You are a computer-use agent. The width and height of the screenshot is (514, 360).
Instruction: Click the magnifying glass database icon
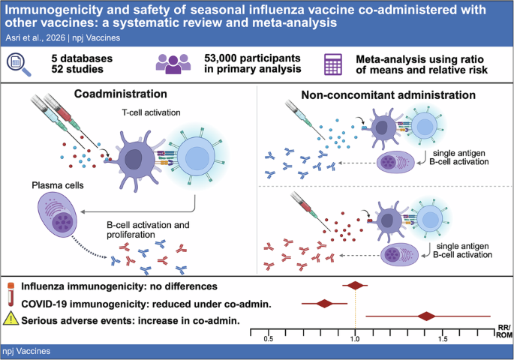18,64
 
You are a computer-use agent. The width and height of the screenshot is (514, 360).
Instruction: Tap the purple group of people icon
173,64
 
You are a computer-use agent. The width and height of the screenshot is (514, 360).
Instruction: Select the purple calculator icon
333,64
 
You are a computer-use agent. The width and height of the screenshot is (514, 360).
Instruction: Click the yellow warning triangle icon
11,319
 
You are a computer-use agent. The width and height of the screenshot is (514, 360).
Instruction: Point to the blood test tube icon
11,294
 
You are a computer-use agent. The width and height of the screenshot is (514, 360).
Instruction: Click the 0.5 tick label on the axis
268,339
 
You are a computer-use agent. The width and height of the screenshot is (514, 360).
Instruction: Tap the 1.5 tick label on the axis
442,339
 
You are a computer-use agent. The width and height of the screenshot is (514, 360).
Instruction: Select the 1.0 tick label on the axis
355,339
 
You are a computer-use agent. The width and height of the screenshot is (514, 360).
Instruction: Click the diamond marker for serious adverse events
426,316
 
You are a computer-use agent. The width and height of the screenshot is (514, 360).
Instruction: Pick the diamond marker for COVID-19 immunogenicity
324,304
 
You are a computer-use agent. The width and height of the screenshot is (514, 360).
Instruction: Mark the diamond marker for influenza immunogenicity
356,285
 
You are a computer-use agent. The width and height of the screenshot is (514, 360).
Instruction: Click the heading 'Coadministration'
121,94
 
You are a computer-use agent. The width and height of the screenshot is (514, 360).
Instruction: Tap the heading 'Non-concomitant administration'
389,95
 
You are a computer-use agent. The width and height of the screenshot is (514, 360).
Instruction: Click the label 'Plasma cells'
58,185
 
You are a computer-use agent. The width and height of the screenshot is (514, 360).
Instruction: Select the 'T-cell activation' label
151,112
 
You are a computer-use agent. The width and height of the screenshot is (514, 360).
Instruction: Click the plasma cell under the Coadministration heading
58,214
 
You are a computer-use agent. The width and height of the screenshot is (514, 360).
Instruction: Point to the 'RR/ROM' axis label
503,331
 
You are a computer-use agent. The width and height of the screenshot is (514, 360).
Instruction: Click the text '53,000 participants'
252,58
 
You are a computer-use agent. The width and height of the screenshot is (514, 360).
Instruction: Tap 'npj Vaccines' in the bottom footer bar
26,351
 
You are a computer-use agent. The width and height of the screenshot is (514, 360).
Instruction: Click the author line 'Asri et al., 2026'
35,38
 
